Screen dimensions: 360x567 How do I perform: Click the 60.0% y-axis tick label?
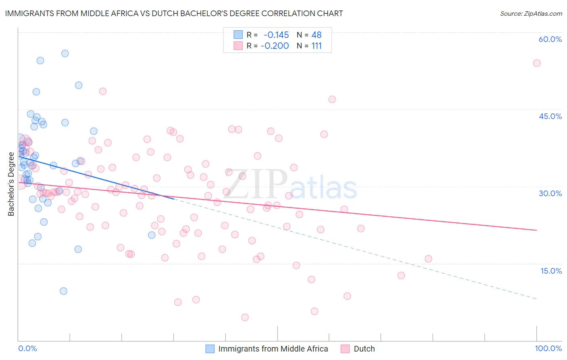click(x=550, y=39)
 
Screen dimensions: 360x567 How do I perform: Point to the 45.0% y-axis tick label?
click(x=550, y=116)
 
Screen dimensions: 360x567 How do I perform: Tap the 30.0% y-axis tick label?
click(x=550, y=193)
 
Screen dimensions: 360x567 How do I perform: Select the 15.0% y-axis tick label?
click(x=551, y=271)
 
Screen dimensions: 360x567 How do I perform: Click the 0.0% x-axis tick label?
click(x=27, y=348)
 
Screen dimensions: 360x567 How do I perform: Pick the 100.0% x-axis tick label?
click(x=548, y=348)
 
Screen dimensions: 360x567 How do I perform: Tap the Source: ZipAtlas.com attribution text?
click(x=531, y=13)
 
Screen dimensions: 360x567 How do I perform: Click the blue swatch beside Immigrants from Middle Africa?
click(x=210, y=349)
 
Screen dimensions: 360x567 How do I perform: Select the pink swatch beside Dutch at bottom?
click(x=345, y=349)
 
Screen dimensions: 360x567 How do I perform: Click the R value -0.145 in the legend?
click(x=276, y=35)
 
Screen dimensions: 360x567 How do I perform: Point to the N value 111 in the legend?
click(x=317, y=46)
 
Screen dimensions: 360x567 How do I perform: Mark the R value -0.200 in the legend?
click(x=275, y=46)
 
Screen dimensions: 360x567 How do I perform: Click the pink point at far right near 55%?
click(x=536, y=63)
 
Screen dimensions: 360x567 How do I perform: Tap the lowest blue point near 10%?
click(x=63, y=291)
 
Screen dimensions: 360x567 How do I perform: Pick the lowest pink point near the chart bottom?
click(x=245, y=317)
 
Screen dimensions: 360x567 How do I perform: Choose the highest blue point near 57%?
click(x=65, y=53)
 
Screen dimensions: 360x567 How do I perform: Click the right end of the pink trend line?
click(x=536, y=230)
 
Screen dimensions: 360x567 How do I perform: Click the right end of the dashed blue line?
click(x=536, y=299)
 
